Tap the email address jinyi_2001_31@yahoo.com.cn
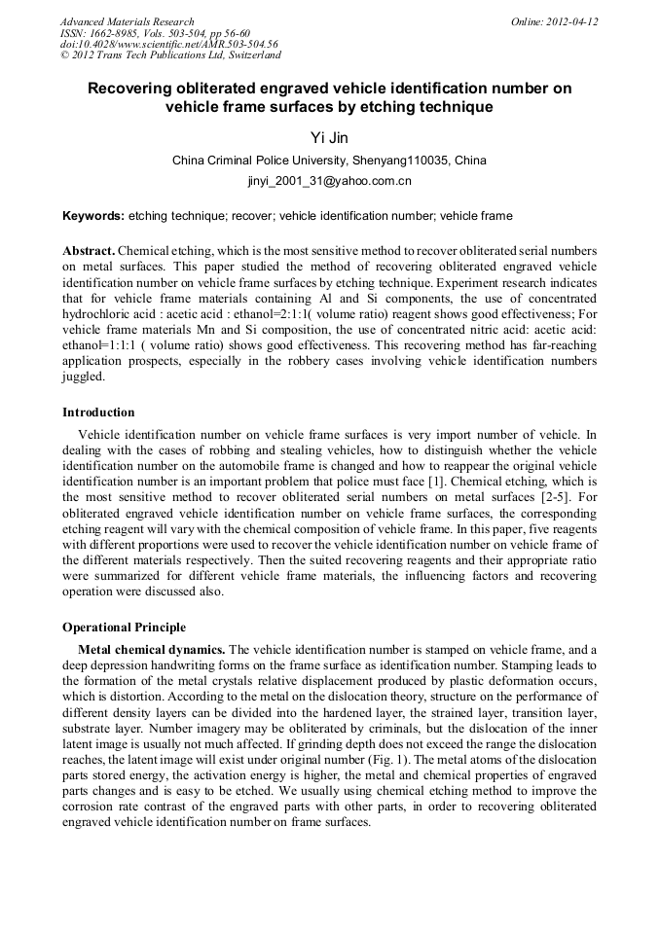tap(330, 181)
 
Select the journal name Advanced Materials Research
tap(127, 21)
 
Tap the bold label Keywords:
tap(93, 216)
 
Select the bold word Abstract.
tap(88, 250)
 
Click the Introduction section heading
tap(98, 413)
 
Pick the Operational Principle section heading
tap(124, 627)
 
